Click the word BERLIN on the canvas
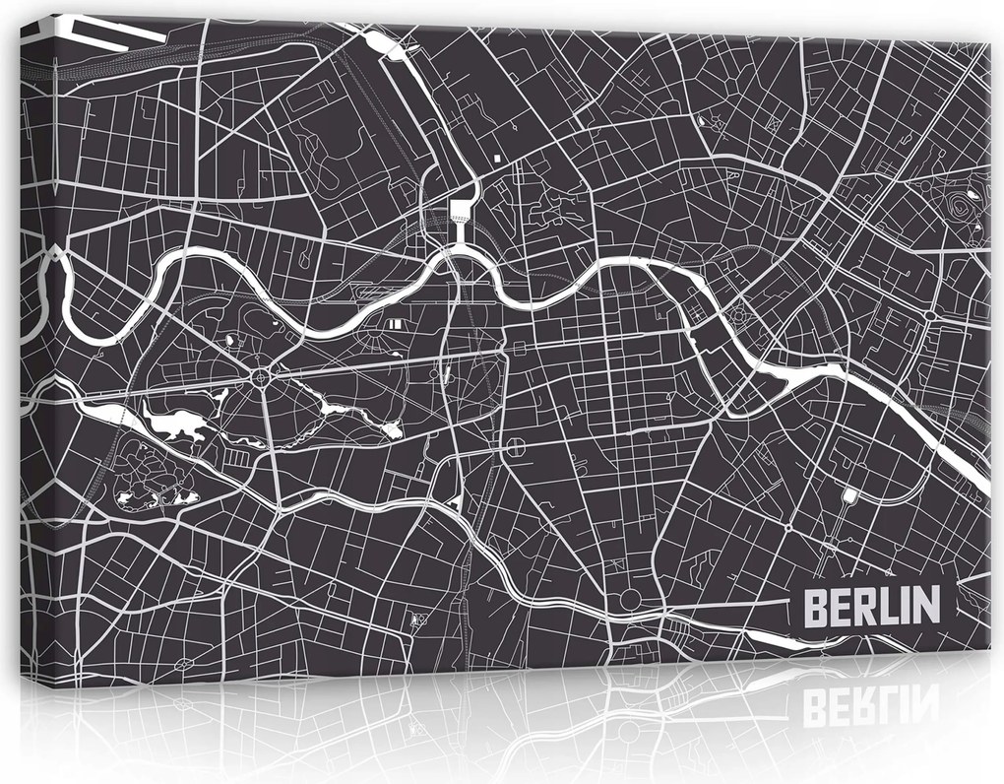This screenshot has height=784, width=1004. tap(871, 606)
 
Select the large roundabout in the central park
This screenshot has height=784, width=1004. tap(261, 376)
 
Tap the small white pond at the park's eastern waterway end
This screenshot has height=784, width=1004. tap(392, 430)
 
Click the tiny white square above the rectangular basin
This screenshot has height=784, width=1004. tap(500, 158)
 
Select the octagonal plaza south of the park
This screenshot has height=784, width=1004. tap(514, 450)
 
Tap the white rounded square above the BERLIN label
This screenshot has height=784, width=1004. tap(848, 495)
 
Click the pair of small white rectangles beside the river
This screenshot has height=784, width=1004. tap(394, 322)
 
